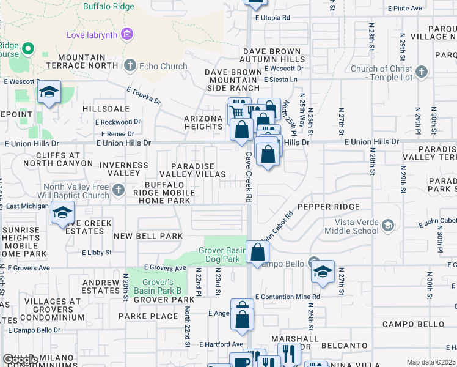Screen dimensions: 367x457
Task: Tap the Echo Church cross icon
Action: point(130,65)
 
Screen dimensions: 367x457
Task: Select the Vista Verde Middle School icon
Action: point(387,226)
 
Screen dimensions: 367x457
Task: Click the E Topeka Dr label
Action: point(144,95)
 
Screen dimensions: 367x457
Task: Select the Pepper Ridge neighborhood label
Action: point(328,207)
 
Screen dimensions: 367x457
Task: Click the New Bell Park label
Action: point(148,236)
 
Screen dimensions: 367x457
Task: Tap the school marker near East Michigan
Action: point(62,212)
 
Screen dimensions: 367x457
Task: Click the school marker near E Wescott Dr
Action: point(48,92)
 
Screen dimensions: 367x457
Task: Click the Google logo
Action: point(20,360)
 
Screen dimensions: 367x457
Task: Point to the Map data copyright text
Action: point(431,362)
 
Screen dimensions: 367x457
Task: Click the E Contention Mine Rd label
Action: point(288,297)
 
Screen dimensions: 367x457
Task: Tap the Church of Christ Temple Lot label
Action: point(381,73)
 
